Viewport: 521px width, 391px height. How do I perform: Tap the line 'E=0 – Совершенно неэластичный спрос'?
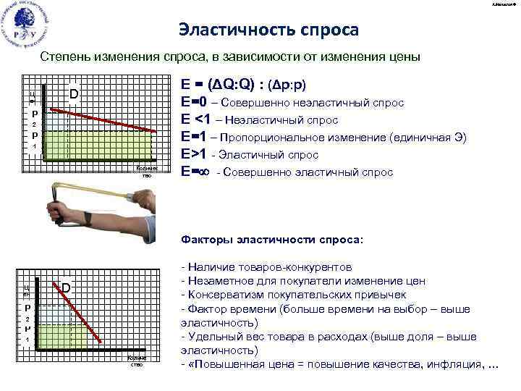[x=292, y=103]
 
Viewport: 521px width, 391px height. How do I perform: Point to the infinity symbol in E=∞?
[x=206, y=172]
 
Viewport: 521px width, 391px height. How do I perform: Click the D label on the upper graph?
[x=74, y=95]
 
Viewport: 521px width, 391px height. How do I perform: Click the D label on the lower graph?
[x=65, y=288]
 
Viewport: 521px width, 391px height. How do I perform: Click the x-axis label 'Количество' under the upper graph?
[x=147, y=172]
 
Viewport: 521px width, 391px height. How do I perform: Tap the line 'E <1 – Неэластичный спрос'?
[x=260, y=120]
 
